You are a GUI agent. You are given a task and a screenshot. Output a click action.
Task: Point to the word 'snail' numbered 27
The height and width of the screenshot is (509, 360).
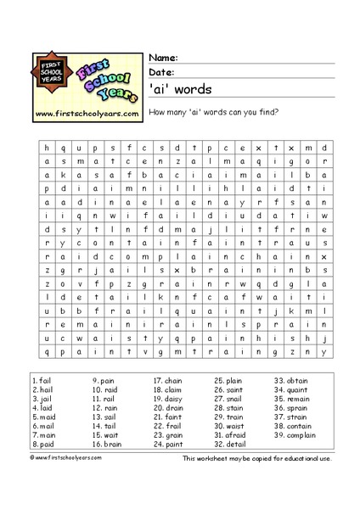coord(234,400)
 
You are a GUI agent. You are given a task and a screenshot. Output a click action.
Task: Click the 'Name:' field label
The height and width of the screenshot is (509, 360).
coord(163,57)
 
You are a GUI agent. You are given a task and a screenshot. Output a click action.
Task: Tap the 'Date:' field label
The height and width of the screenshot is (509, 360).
coord(162,72)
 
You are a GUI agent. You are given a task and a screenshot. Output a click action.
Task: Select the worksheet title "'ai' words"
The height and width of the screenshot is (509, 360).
coord(181,88)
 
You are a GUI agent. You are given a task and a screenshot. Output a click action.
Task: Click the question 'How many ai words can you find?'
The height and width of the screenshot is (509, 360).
coord(214,112)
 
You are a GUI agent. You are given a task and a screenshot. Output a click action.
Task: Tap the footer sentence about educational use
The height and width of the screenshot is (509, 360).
coord(256,458)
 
